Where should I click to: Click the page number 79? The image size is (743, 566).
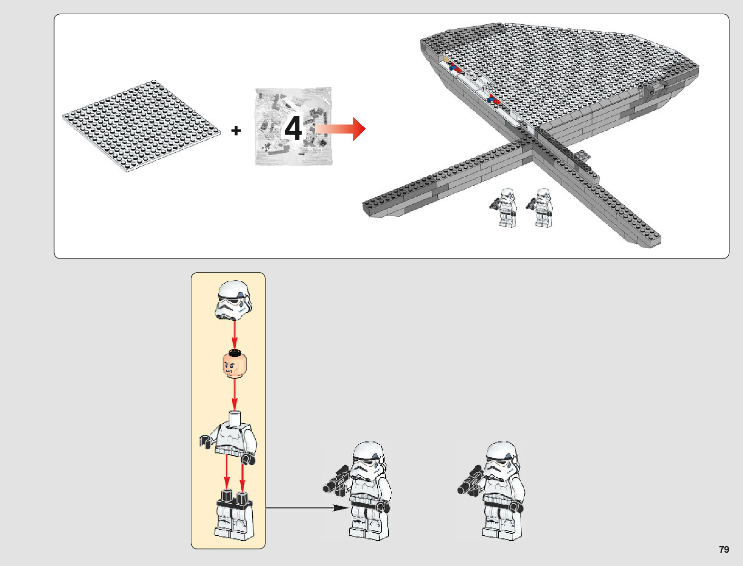[724, 549]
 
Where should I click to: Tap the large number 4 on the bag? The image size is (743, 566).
[293, 128]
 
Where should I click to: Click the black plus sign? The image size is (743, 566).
[236, 130]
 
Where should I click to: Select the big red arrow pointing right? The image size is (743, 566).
[340, 129]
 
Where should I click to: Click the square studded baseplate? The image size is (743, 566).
[141, 125]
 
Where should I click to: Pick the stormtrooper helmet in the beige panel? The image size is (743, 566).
[234, 300]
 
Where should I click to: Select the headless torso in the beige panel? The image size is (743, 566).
[228, 437]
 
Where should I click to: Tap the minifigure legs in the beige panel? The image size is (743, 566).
[234, 515]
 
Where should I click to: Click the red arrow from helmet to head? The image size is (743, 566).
[235, 336]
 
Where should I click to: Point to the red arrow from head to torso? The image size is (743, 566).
[235, 395]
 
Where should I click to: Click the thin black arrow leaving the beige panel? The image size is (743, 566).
[307, 508]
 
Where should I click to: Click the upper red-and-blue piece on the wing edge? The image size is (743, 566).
[455, 68]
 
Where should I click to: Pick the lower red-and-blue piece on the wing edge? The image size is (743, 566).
[494, 99]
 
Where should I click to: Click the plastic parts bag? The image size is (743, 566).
[293, 126]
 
